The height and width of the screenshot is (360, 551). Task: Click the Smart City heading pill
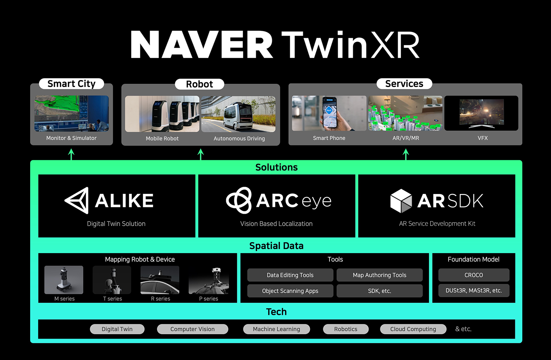[71, 84]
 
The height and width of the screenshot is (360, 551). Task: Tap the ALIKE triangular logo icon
[77, 200]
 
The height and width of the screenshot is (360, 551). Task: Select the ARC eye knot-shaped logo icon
[239, 200]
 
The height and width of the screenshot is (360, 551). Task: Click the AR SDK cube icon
[401, 201]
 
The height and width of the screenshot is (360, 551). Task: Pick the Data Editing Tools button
[290, 275]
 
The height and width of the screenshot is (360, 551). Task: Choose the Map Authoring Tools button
[379, 275]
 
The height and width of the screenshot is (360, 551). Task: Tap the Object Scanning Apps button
[290, 291]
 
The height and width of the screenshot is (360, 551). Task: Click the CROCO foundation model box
[474, 275]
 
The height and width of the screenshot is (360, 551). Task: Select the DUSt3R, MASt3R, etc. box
[474, 291]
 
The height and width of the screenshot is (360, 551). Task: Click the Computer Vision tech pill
[192, 329]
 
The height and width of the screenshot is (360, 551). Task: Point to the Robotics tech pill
[346, 329]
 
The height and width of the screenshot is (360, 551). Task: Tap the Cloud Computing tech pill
[413, 329]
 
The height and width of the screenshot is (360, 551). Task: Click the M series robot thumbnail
[64, 280]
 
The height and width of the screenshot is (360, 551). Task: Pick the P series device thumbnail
[209, 280]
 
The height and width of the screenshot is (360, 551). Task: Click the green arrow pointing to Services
[406, 155]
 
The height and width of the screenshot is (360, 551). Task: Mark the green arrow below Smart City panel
[71, 155]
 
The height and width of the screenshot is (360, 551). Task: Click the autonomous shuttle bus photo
[238, 114]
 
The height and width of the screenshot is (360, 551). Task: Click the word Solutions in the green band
[277, 168]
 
